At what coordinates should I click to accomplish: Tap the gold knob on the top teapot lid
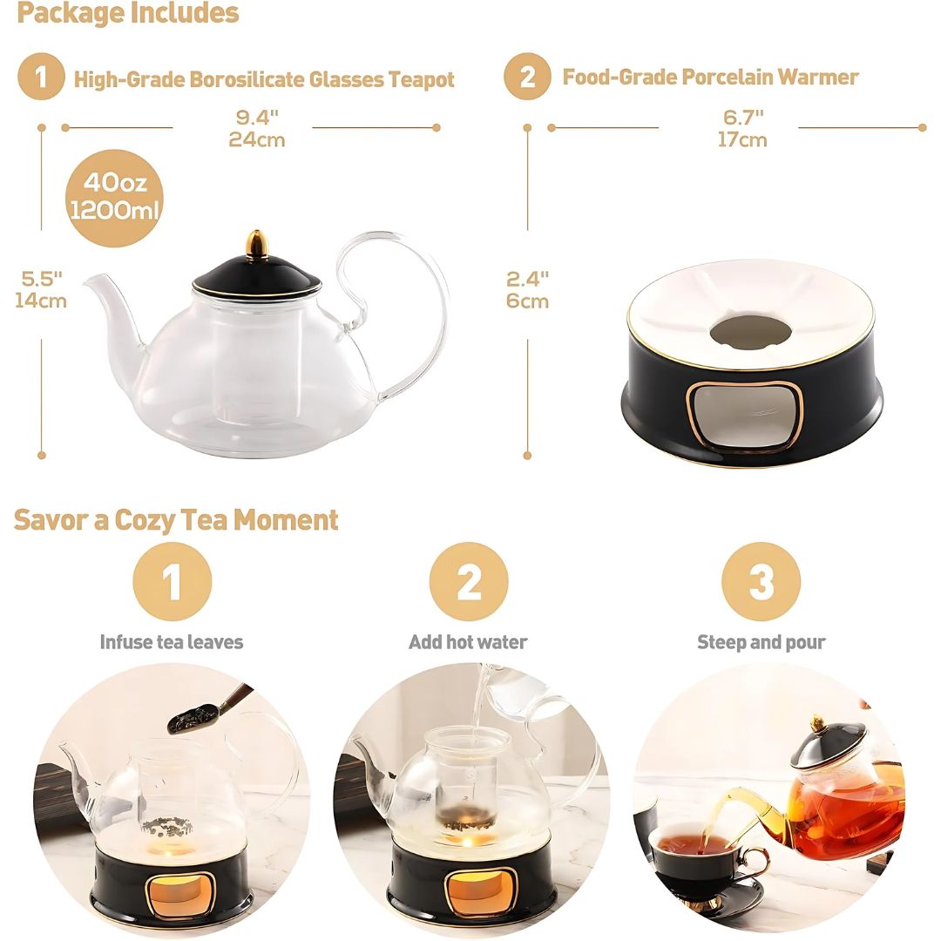pos(256,244)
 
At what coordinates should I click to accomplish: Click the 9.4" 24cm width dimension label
pos(256,128)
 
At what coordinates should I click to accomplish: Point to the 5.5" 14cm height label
pos(41,289)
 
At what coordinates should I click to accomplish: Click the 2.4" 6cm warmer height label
pos(527,289)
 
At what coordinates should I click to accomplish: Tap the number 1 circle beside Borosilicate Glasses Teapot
pos(41,78)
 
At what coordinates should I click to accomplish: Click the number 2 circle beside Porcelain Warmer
pos(527,78)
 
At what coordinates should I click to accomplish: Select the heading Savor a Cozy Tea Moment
pos(176,520)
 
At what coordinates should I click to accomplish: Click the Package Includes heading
pos(127,13)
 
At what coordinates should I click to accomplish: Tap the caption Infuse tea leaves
pos(172,642)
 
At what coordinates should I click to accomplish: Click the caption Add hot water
pos(468,642)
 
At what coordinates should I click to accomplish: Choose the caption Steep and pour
pos(761,642)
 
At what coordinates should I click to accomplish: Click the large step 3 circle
pos(761,581)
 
